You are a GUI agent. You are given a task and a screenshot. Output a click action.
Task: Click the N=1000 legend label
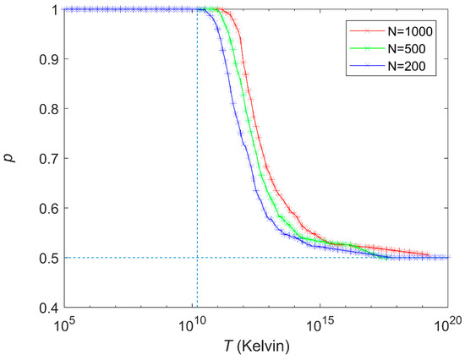[x=410, y=31]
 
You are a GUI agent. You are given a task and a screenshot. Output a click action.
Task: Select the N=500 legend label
[x=407, y=49]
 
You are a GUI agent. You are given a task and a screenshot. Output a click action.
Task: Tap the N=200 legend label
[x=407, y=66]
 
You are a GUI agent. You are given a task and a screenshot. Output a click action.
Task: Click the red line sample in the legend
[x=367, y=30]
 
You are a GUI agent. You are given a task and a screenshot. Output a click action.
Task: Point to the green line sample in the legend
[x=367, y=48]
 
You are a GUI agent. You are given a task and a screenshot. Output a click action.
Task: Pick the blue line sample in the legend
[x=367, y=66]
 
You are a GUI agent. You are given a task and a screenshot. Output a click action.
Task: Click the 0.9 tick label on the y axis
[x=50, y=59]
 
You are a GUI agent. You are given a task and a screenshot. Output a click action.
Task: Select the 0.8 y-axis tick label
[x=50, y=109]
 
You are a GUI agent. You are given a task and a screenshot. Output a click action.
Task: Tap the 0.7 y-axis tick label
[x=50, y=159]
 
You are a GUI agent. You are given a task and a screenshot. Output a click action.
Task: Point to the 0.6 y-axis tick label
[x=50, y=208]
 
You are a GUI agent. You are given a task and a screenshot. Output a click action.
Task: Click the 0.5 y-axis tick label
[x=50, y=258]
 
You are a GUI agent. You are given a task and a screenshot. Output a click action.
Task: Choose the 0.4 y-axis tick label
[x=50, y=308]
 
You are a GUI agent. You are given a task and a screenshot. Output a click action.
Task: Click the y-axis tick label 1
[x=56, y=10]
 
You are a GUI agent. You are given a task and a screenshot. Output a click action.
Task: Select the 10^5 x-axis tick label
[x=64, y=325]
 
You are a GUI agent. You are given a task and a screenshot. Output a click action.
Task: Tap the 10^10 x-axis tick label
[x=192, y=325]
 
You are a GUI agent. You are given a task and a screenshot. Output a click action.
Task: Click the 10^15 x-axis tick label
[x=320, y=325]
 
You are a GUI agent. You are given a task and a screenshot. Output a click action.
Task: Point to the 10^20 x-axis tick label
[x=448, y=325]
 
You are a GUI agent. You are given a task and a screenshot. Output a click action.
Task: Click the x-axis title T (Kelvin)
[x=256, y=346]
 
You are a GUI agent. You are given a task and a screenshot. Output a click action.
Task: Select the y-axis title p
[x=12, y=157]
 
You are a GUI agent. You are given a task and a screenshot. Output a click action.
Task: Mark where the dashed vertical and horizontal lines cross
[x=197, y=258]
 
